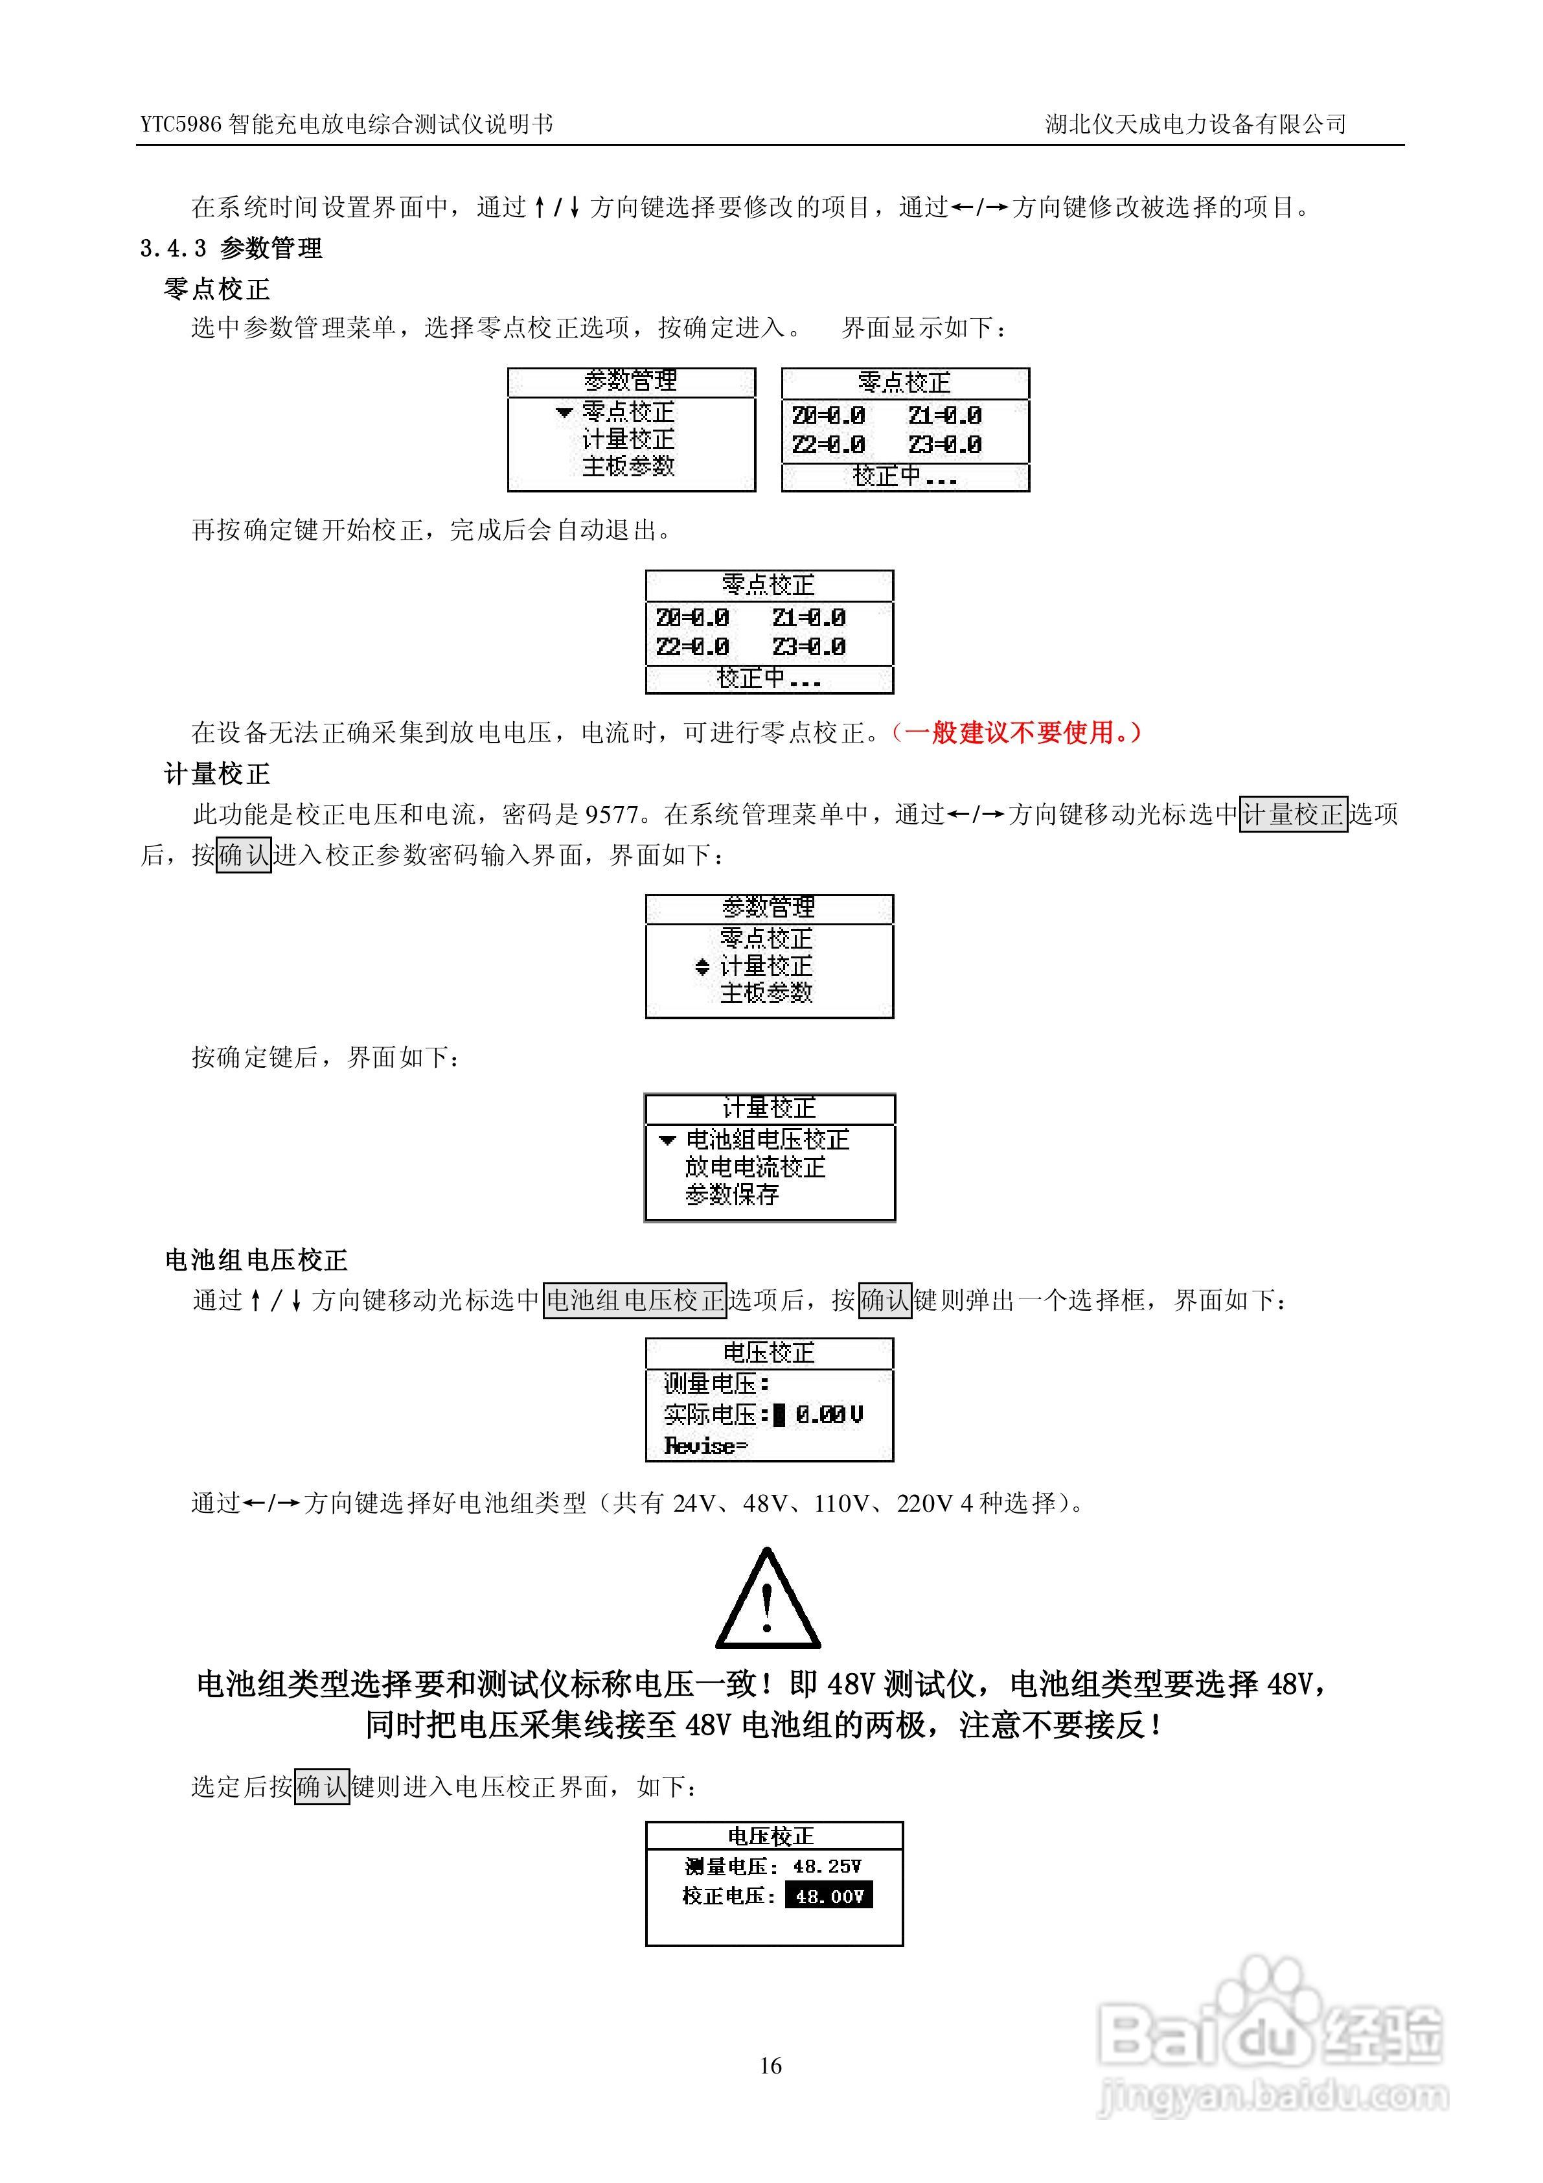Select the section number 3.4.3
[173, 249]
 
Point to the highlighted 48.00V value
[828, 1897]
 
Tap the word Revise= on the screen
[705, 1446]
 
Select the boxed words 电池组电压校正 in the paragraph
[634, 1300]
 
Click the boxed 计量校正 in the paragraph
[1293, 815]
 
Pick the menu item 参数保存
[731, 1195]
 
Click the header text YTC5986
[181, 124]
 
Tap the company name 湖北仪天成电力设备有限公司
[1195, 124]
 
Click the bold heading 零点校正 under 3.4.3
[217, 289]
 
